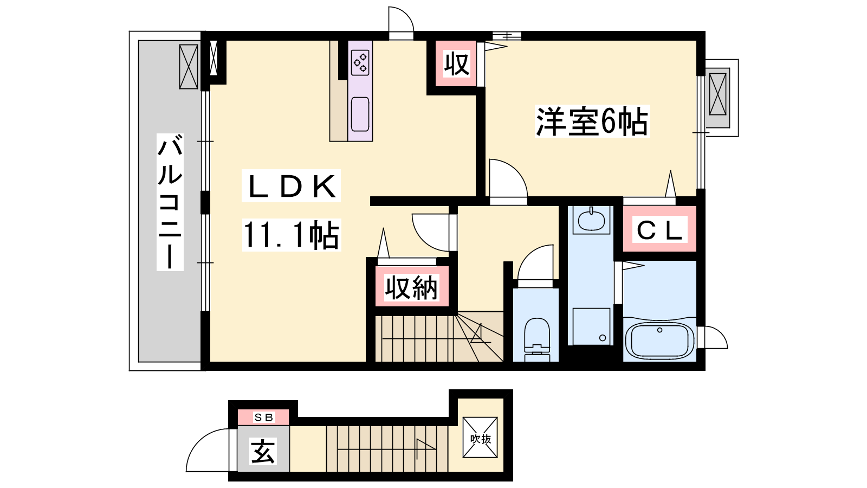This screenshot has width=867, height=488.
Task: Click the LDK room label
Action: [291, 186]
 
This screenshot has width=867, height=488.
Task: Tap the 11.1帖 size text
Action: [291, 235]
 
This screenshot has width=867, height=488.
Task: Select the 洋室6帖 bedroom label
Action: [592, 121]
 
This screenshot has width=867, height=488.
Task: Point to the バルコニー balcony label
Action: [170, 202]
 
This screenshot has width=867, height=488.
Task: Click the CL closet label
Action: [659, 230]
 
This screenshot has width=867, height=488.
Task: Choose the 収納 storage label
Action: [411, 288]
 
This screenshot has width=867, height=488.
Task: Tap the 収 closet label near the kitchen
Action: [457, 65]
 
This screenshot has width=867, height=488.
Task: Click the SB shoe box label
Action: [263, 417]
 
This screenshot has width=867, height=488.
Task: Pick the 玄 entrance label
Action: [263, 451]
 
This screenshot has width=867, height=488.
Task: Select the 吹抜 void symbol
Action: [480, 437]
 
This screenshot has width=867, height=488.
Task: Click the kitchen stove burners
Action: [360, 63]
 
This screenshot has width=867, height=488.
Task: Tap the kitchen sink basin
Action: [360, 114]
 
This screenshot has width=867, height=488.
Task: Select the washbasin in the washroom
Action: [591, 220]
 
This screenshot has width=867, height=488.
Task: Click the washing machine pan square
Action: [591, 326]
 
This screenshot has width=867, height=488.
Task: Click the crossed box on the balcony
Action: [189, 67]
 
